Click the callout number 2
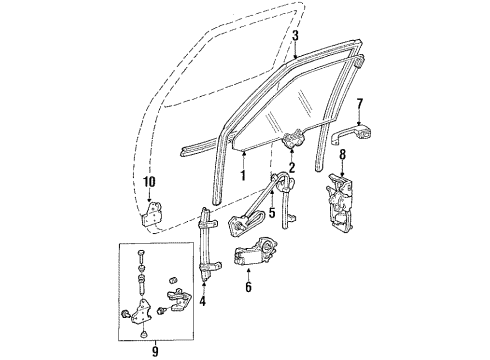(292, 168)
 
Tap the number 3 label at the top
(295, 36)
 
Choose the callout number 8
(341, 155)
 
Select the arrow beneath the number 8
(341, 171)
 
